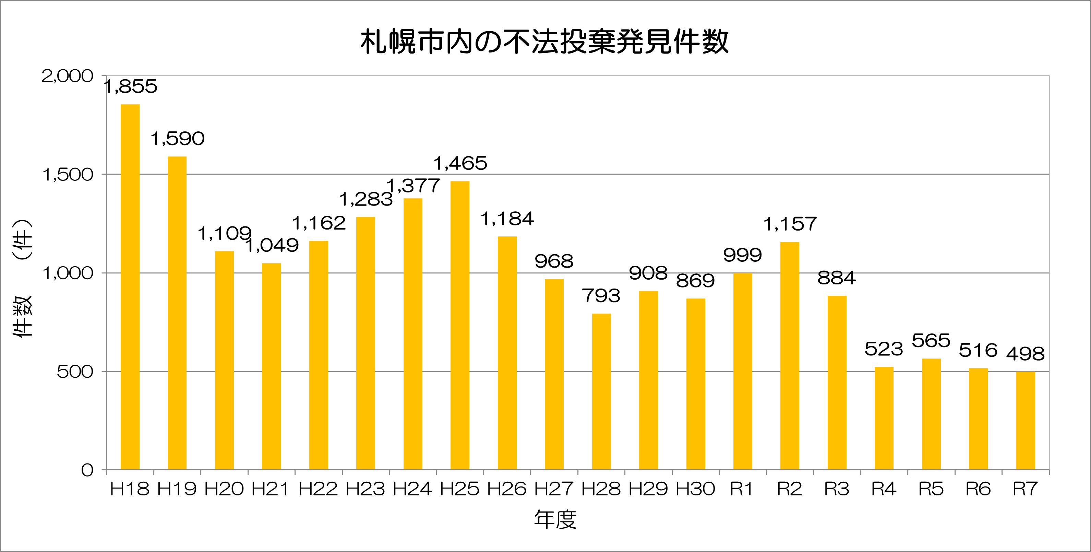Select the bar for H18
(130, 287)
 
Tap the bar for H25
(460, 325)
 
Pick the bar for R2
(790, 356)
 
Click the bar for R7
(1026, 421)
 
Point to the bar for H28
(601, 391)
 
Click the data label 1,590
(178, 139)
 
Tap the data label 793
(601, 296)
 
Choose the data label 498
(1026, 354)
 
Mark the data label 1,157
(790, 224)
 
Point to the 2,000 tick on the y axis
(67, 76)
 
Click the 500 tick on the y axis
(75, 372)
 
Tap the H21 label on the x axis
(271, 489)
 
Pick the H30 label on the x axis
(695, 489)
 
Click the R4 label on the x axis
(884, 489)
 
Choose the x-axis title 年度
(555, 520)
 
